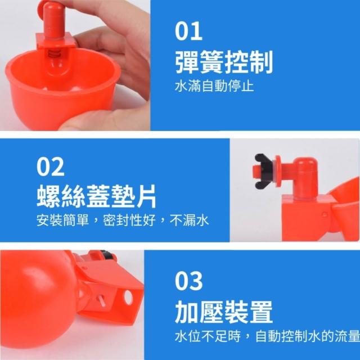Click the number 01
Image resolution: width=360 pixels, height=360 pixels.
click(x=188, y=31)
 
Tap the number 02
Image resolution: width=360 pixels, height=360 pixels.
click(x=50, y=166)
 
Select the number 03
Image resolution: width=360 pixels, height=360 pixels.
click(x=189, y=281)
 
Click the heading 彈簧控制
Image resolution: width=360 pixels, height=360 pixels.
click(x=224, y=62)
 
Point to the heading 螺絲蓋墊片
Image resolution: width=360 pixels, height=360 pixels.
click(x=96, y=196)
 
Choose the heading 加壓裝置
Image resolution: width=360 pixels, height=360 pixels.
click(x=224, y=312)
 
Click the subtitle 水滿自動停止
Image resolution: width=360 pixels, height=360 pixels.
click(x=214, y=86)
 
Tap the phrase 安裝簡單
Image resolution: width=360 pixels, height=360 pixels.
click(x=62, y=220)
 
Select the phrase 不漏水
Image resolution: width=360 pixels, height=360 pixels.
click(x=189, y=220)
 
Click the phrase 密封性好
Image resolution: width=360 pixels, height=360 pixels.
click(x=129, y=220)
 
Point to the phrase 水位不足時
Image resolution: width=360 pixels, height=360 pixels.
click(x=208, y=336)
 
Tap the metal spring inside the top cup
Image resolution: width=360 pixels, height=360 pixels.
click(x=55, y=55)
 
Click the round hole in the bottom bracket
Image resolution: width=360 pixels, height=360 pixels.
click(x=128, y=298)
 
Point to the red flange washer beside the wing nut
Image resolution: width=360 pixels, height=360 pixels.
click(x=278, y=171)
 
